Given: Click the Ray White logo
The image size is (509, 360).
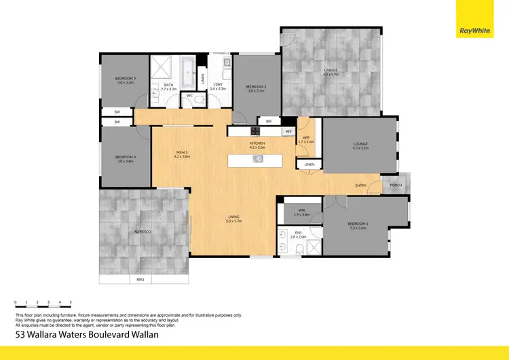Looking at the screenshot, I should (476, 30).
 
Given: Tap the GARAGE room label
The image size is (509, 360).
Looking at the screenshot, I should (331, 71).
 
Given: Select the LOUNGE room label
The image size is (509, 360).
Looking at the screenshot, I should (360, 145).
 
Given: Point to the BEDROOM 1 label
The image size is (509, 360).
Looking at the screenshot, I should (357, 225).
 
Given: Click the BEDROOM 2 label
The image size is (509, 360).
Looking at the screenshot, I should (255, 88).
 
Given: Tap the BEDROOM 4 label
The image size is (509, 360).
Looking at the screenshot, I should (126, 159).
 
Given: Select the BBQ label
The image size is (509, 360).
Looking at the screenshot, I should (140, 279).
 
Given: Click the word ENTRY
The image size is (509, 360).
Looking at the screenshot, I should (361, 185).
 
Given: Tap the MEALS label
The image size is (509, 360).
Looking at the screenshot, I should (181, 154).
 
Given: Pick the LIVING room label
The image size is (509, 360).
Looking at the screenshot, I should (235, 219).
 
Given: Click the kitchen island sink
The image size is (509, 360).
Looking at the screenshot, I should (258, 160).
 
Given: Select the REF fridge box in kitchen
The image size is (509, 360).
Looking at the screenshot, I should (288, 131).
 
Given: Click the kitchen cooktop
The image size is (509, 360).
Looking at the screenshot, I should (256, 131).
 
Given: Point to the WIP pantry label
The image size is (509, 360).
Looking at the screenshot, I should (306, 139).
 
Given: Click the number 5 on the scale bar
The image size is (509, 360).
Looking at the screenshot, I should (71, 302).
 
